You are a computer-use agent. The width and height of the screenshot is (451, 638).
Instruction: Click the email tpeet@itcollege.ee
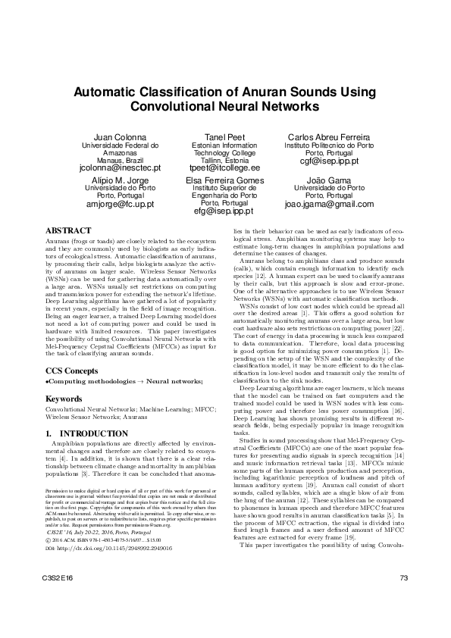[225, 167]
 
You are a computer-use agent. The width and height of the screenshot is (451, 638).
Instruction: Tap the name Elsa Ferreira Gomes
[225, 181]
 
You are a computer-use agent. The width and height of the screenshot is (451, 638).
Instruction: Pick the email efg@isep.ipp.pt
[225, 212]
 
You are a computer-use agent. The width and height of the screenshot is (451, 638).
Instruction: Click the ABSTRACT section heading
[69, 230]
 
